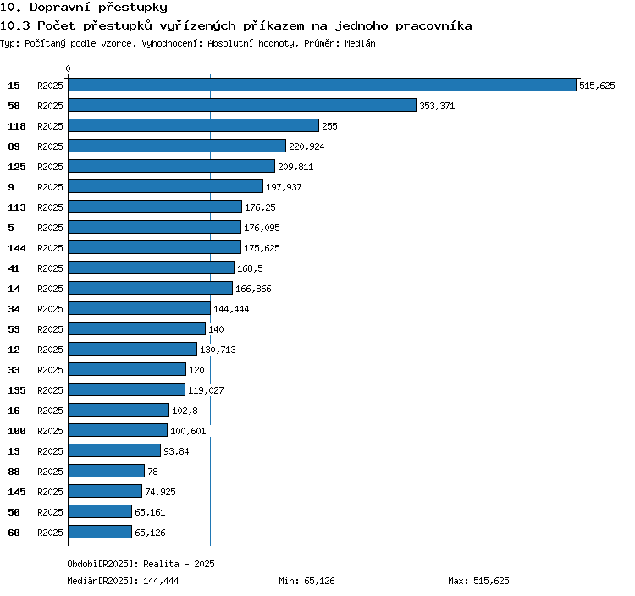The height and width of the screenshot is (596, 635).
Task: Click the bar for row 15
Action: pyautogui.click(x=323, y=85)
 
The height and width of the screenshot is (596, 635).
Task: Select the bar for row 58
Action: pyautogui.click(x=243, y=105)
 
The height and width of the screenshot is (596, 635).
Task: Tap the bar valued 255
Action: pyautogui.click(x=194, y=125)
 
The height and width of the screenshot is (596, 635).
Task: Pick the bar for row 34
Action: pyautogui.click(x=140, y=308)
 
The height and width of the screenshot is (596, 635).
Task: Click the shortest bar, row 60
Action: pyautogui.click(x=101, y=532)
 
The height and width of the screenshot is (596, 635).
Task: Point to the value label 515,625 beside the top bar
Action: pyautogui.click(x=597, y=86)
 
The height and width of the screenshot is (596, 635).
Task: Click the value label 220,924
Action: pyautogui.click(x=306, y=146)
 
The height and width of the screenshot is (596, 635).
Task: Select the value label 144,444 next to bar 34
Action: pyautogui.click(x=231, y=309)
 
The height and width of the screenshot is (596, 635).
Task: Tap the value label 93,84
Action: pyautogui.click(x=176, y=451)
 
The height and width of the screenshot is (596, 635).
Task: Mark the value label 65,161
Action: pyautogui.click(x=150, y=512)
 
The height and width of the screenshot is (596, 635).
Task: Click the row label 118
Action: pyautogui.click(x=17, y=126)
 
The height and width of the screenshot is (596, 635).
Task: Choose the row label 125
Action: pyautogui.click(x=17, y=167)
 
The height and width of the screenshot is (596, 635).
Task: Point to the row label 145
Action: pyautogui.click(x=17, y=492)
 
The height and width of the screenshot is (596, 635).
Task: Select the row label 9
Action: pyautogui.click(x=11, y=187)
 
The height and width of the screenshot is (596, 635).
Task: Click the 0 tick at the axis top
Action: pyautogui.click(x=68, y=69)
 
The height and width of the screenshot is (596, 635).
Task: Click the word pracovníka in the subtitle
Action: pyautogui.click(x=433, y=26)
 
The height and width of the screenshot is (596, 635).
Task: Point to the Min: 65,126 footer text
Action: pyautogui.click(x=306, y=581)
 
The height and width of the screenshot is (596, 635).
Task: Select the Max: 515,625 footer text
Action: pyautogui.click(x=478, y=581)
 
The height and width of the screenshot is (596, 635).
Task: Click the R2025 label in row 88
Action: pyautogui.click(x=50, y=472)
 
